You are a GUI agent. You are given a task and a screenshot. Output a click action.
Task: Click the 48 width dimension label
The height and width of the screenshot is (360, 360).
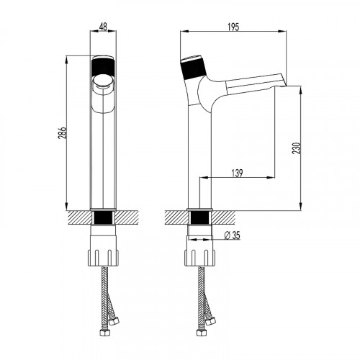pos(103,27)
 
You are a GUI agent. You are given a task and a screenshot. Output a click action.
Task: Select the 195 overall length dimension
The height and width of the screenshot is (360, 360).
pos(233,27)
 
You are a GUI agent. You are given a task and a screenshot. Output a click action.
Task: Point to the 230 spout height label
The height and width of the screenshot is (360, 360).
pos(297,148)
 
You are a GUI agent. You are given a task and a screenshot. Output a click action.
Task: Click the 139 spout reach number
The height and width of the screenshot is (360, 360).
pos(237,173)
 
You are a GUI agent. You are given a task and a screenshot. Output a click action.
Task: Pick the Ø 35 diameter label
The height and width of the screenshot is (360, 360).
pos(232,235)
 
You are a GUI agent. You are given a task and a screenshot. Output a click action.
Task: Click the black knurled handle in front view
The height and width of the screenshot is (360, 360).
pos(103,67)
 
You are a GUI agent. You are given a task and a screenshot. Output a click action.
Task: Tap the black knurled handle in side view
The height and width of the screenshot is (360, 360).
pos(194,69)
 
